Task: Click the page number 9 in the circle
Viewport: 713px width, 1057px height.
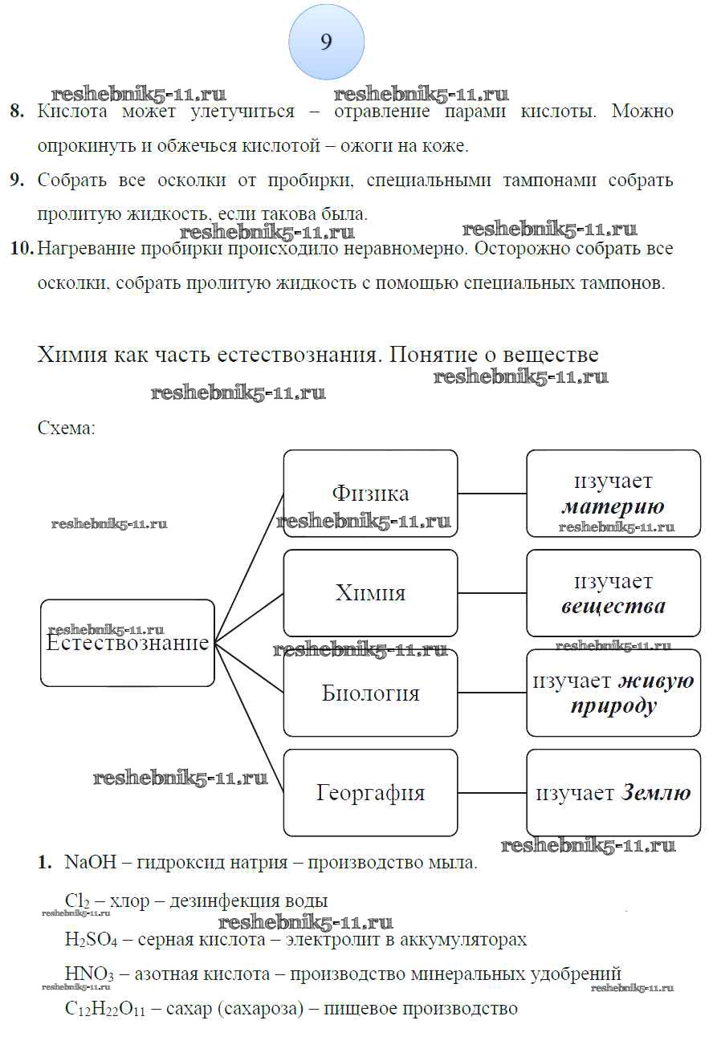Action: pos(326,43)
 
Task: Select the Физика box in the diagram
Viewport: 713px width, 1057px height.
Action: pos(370,493)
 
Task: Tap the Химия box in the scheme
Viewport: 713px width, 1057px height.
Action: pos(370,592)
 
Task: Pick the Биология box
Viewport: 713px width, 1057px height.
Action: pos(370,693)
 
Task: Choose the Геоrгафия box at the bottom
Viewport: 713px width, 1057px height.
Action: pos(370,793)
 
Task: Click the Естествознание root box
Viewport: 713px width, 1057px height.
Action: pos(128,643)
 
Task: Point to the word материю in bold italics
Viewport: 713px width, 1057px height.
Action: pos(613,507)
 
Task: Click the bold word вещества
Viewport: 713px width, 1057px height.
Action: pos(613,607)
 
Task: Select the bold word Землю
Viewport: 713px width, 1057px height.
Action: pos(655,794)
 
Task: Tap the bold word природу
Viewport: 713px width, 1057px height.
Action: pos(613,706)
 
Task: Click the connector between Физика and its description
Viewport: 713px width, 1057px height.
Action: pos(491,494)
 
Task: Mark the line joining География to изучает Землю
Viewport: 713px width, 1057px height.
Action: pos(491,793)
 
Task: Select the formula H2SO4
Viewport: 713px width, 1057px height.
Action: pos(91,940)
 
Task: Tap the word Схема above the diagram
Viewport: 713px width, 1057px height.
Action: pos(66,428)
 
